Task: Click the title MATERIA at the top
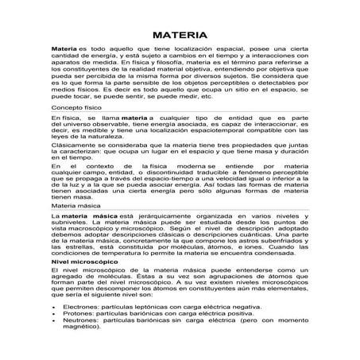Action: [x=180, y=36]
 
